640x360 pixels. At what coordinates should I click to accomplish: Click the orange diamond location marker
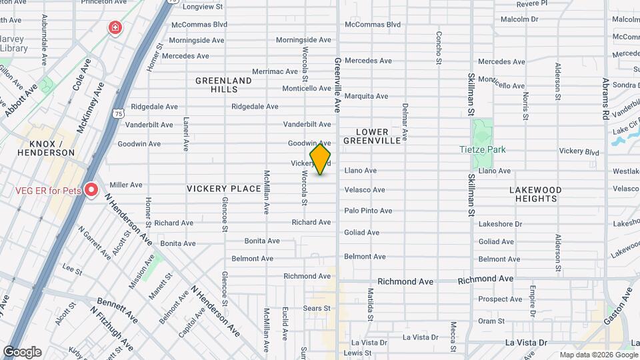tap(320, 158)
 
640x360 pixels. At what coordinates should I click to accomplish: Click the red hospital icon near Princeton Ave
tap(115, 28)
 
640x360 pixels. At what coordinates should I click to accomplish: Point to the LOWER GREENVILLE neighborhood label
tap(373, 136)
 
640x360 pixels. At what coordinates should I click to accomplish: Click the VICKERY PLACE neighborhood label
tap(223, 189)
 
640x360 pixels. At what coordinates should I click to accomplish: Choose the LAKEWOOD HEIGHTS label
tap(536, 194)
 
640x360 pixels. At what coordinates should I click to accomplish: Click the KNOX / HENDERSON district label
tap(51, 148)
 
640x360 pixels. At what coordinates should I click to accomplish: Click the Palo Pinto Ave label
tap(368, 211)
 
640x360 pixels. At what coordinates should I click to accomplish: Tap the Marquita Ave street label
tap(366, 96)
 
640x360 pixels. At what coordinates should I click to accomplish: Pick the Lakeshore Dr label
tap(500, 224)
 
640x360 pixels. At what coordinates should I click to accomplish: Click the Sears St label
tap(317, 308)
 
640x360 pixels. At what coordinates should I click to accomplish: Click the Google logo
tap(22, 351)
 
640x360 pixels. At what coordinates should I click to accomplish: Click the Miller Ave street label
tap(126, 185)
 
